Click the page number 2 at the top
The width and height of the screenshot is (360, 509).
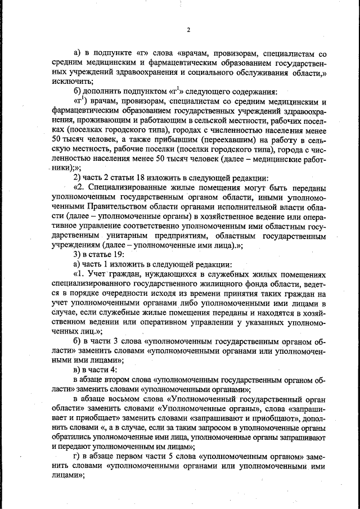pos(188,30)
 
